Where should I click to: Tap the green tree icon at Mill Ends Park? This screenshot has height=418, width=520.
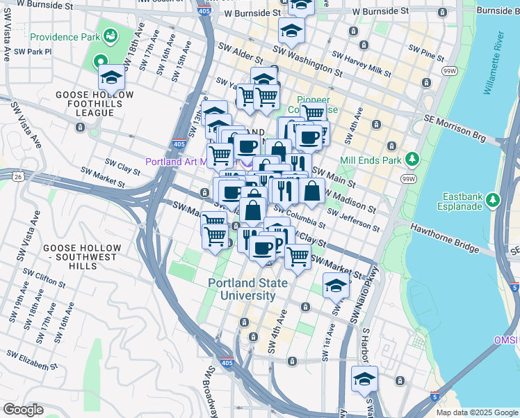click(412, 160)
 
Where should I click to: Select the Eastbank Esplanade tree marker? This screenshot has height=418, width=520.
click(494, 201)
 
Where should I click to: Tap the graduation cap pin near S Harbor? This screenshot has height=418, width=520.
click(364, 379)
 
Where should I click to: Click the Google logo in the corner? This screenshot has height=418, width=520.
click(22, 410)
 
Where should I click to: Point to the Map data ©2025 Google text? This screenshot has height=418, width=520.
click(477, 412)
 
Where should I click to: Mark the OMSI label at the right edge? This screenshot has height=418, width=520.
click(506, 340)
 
